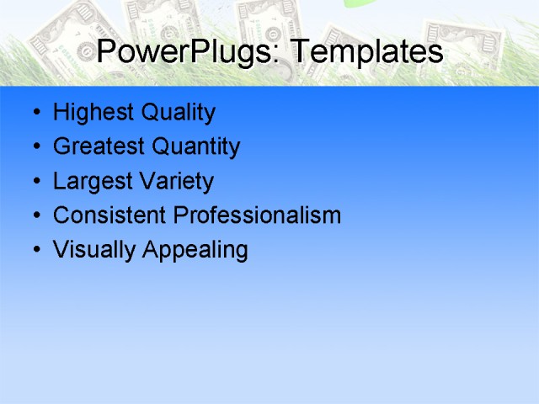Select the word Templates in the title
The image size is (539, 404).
point(366,53)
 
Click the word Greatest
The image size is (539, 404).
point(95,147)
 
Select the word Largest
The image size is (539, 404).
point(89,182)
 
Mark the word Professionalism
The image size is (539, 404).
point(257,215)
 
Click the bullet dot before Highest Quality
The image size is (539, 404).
point(35,114)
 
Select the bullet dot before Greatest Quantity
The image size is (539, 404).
point(35,148)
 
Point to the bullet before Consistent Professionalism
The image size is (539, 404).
point(35,216)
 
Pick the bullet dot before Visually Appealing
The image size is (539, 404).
point(35,251)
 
